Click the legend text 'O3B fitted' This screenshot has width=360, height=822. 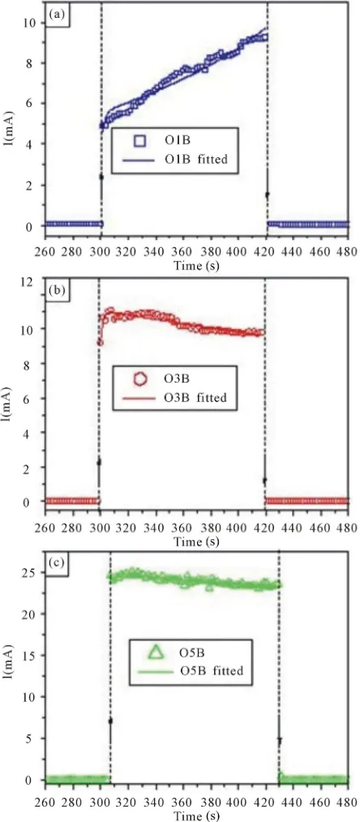(195, 398)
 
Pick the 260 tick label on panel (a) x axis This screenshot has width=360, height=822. (45, 253)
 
